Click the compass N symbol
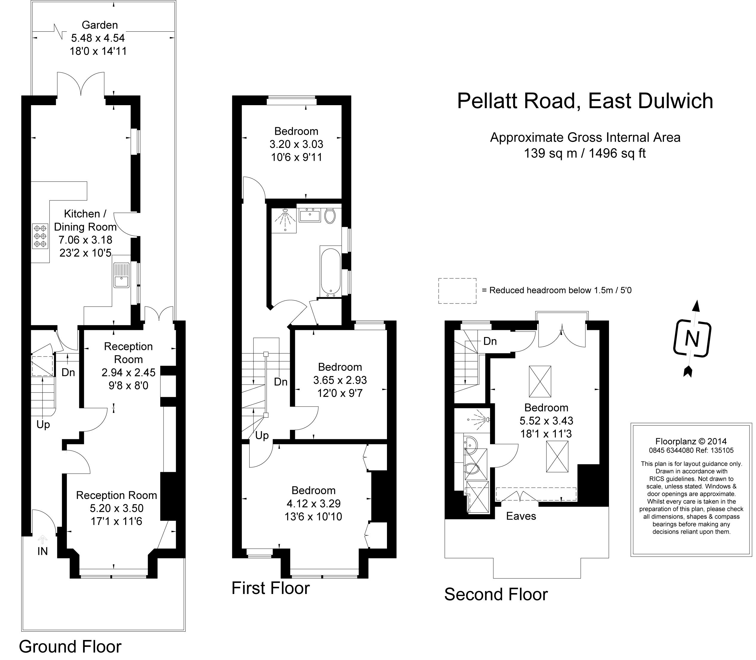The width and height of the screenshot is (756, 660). pos(692,339)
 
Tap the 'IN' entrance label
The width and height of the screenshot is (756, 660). pos(43,551)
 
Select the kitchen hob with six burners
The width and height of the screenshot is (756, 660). pos(40,236)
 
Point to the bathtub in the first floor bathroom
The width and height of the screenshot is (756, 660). pos(330,272)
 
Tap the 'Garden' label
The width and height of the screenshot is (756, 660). pos(100,25)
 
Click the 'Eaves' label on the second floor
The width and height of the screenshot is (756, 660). pos(521,516)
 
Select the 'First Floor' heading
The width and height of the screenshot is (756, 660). pos(270,588)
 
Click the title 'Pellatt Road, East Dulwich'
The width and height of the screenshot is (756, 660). pos(585,101)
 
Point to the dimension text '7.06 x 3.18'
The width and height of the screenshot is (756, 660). pos(85,240)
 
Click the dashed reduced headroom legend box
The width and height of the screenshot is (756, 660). pos(457,291)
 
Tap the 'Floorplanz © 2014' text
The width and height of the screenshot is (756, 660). pos(691,441)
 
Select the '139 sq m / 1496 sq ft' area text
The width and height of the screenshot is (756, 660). pos(585,153)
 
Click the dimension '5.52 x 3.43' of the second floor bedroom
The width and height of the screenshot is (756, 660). pos(546,421)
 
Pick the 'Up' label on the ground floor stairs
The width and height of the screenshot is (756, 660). pos(43,425)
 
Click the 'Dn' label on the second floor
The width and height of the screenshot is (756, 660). pos(490,342)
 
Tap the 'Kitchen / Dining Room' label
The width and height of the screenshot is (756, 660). pos(85,220)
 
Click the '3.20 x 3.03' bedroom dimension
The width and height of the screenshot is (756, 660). pos(296,144)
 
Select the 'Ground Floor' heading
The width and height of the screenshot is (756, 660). pos(70,646)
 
